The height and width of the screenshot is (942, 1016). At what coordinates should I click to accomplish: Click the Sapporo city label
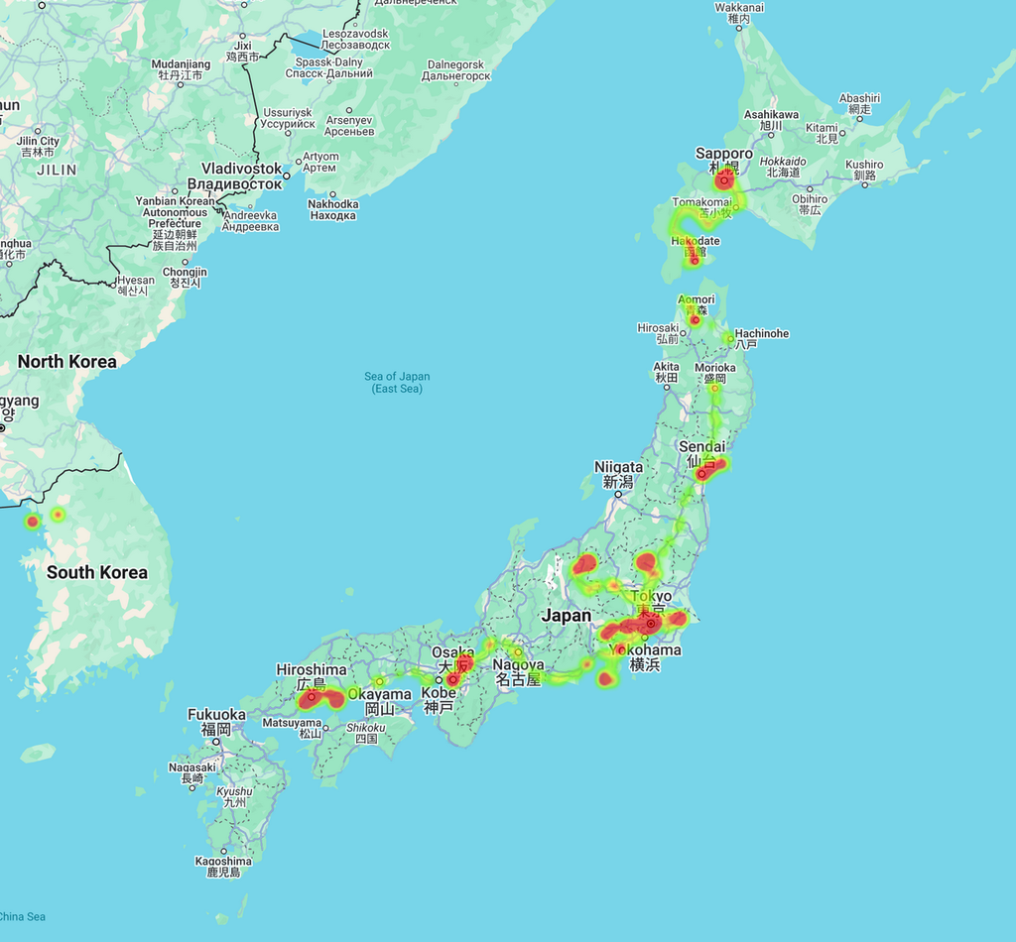click(x=723, y=154)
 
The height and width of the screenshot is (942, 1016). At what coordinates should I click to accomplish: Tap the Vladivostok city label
click(x=242, y=170)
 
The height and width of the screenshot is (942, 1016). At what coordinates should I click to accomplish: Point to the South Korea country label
click(x=96, y=572)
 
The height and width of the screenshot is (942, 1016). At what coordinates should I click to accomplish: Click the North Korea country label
click(x=66, y=362)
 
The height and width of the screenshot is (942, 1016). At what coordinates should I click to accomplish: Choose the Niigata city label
click(x=618, y=467)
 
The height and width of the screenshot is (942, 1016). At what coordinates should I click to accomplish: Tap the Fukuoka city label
click(x=216, y=715)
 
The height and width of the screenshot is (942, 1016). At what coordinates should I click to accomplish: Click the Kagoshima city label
click(x=223, y=861)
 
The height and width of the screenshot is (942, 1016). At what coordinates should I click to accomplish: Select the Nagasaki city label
click(x=192, y=767)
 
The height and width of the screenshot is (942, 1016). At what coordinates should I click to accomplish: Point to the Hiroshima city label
click(x=312, y=670)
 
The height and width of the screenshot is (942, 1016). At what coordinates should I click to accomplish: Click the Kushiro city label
click(x=864, y=165)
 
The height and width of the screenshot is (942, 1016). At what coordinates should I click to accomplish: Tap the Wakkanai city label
click(x=739, y=8)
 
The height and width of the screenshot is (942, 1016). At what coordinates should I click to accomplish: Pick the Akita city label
click(x=667, y=367)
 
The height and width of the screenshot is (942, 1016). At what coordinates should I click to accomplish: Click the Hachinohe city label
click(x=761, y=334)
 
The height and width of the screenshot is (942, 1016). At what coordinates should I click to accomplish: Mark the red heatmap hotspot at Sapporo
click(x=724, y=180)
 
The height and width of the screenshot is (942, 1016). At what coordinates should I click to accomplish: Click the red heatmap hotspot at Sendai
click(x=702, y=473)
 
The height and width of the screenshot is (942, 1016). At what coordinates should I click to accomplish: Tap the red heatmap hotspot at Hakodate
click(x=695, y=260)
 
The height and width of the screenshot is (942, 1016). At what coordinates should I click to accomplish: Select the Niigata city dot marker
click(x=617, y=493)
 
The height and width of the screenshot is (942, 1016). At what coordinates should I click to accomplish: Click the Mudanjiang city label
click(x=181, y=64)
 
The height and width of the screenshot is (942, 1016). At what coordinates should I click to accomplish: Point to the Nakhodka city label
click(x=333, y=204)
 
